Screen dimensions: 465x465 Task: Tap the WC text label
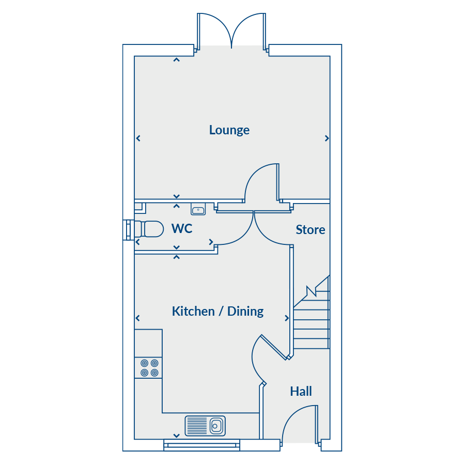(x=182, y=229)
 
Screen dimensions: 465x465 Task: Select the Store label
(x=311, y=230)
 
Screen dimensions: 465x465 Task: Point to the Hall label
(x=301, y=392)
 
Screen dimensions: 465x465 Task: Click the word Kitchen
(x=193, y=312)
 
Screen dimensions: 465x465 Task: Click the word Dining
(x=245, y=312)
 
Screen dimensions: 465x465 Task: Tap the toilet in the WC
(x=149, y=229)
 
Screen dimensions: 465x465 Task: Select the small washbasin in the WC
(x=198, y=209)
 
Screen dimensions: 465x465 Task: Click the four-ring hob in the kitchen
(x=149, y=368)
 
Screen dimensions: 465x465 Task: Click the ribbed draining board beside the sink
(x=197, y=426)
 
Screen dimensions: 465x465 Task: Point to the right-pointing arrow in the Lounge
(x=327, y=138)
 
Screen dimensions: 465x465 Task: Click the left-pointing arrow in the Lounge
(x=138, y=138)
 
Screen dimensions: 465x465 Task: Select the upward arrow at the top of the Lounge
(x=177, y=59)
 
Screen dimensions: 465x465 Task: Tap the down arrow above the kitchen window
(x=177, y=436)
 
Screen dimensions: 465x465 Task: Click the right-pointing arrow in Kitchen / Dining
(x=287, y=318)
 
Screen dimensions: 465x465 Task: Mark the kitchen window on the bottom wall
(x=202, y=445)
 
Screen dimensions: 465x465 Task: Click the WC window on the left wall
(x=129, y=230)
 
